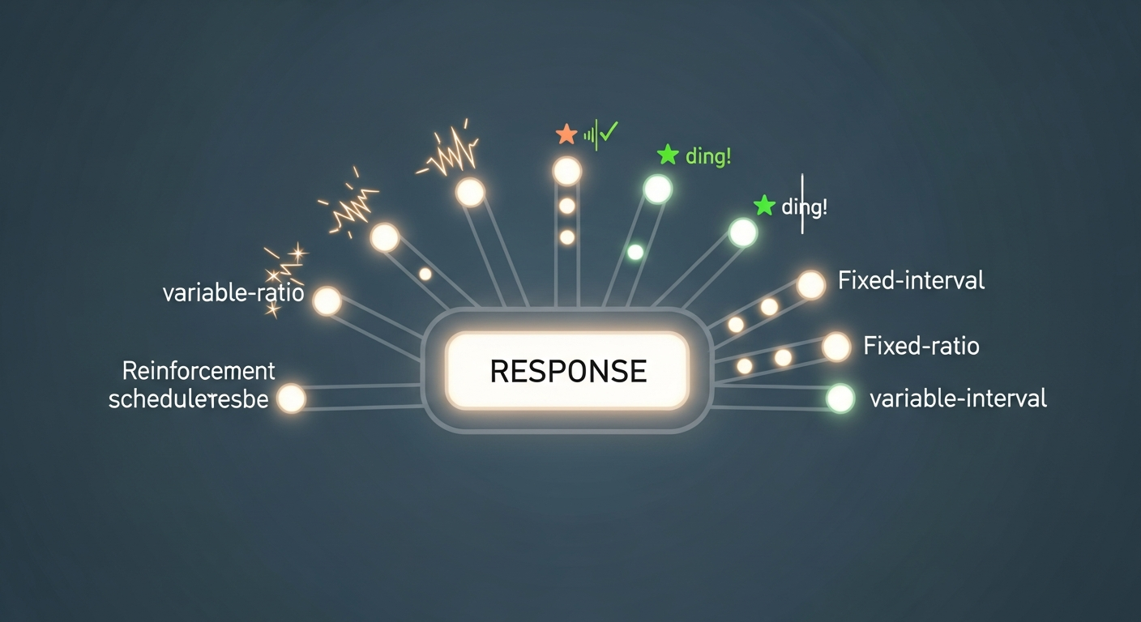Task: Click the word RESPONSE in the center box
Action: [568, 371]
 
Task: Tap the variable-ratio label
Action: [233, 293]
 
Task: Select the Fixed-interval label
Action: [911, 281]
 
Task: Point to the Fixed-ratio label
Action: [921, 347]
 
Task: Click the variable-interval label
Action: [958, 398]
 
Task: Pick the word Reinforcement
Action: [199, 372]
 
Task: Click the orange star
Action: [566, 134]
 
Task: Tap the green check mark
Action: [608, 132]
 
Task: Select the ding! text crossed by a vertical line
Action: [804, 207]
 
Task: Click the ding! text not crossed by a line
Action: [707, 156]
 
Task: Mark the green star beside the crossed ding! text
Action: [764, 206]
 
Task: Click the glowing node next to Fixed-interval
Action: [810, 284]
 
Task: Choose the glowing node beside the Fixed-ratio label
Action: [836, 347]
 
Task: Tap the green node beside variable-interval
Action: [840, 398]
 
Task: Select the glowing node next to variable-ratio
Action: [327, 300]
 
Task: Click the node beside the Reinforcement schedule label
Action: [291, 398]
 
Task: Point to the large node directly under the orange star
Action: [566, 172]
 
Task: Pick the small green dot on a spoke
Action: [635, 252]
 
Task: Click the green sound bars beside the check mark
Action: [590, 134]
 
